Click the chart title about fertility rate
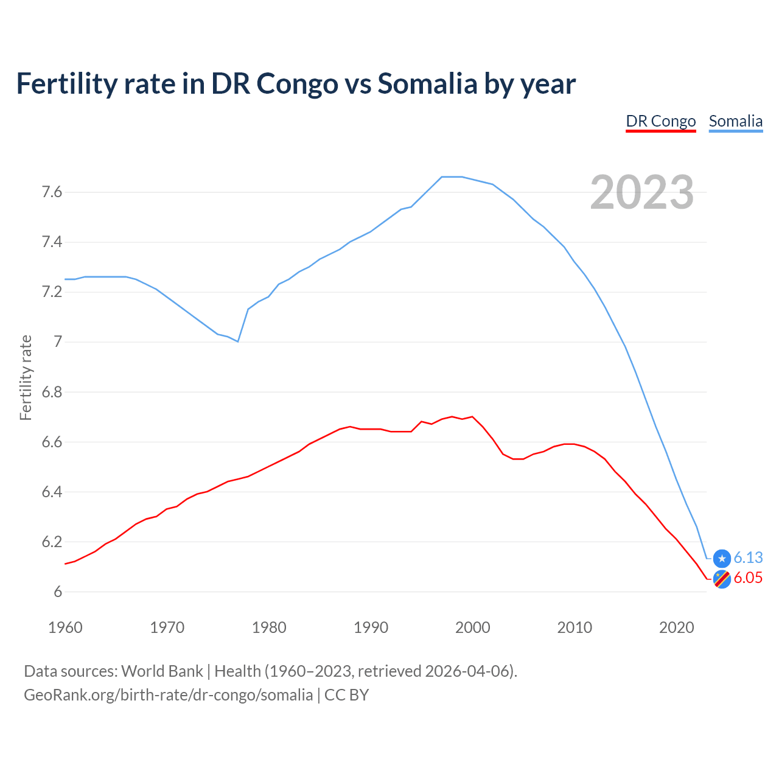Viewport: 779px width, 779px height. click(x=295, y=83)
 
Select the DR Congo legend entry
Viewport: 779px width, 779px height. click(x=660, y=121)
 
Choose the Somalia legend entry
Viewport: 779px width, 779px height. click(x=735, y=121)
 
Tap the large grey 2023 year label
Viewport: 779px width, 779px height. click(x=641, y=192)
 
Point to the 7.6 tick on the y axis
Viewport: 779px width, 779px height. click(x=52, y=192)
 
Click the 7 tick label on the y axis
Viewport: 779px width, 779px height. click(x=58, y=342)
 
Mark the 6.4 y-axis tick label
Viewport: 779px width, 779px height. click(x=52, y=492)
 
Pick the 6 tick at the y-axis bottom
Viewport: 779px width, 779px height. click(x=58, y=592)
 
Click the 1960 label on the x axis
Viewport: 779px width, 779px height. click(x=65, y=627)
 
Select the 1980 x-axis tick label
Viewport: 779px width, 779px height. click(x=269, y=627)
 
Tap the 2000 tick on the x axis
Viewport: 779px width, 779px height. click(x=472, y=627)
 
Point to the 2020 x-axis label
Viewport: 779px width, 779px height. click(x=676, y=627)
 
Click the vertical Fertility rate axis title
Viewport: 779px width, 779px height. click(x=26, y=377)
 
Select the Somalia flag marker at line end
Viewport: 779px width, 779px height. click(x=722, y=558)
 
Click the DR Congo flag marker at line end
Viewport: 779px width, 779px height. click(x=722, y=579)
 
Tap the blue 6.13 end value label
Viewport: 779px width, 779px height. click(x=748, y=557)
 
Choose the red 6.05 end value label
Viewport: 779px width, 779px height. click(x=748, y=578)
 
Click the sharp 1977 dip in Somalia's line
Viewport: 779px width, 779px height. click(x=237, y=341)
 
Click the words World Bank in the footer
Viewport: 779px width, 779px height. click(x=162, y=671)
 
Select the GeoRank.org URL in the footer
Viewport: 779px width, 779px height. click(x=168, y=694)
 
